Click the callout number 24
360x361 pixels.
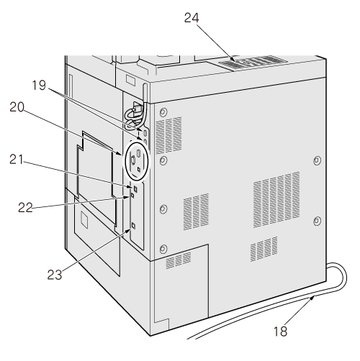192,18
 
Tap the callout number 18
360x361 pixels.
280,332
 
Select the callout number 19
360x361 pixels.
39,86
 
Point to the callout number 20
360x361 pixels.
17,107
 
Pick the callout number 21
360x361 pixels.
17,160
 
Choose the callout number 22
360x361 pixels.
25,207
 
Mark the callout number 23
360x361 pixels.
55,275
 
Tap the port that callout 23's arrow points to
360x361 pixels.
134,226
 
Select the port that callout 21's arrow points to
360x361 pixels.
135,189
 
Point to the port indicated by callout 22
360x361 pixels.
132,196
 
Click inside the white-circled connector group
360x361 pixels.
136,160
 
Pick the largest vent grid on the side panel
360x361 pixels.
276,199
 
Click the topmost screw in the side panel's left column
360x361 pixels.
163,112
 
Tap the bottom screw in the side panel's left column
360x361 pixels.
163,249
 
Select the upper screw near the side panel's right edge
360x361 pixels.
317,160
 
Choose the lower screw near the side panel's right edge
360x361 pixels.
317,221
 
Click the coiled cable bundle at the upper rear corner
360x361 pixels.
135,115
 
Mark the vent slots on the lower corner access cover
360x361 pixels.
179,260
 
